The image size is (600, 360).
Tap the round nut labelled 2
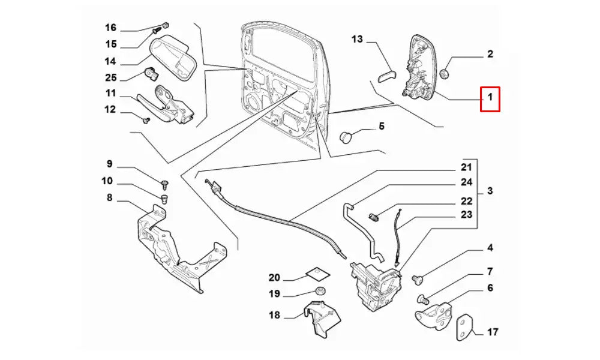coord(445,74)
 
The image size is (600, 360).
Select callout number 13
coord(358,40)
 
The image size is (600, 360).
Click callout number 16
coord(110,28)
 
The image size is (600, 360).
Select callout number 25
coord(110,77)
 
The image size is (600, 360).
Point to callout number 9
coord(109,164)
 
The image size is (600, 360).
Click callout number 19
coord(274,294)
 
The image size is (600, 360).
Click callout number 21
coord(466,167)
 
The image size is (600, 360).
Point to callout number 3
coord(490,191)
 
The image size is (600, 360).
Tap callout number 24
coord(466,182)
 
